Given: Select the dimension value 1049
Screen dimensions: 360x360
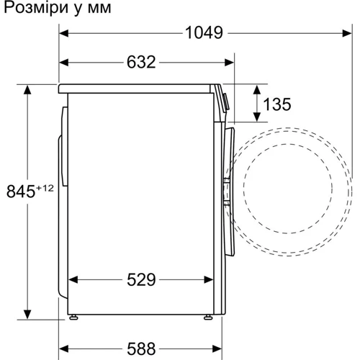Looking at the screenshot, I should point(204,33).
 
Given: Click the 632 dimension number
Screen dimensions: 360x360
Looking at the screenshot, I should point(141,62).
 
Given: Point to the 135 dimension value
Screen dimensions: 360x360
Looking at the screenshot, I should point(276,104).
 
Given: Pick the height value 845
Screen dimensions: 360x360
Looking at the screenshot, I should point(20,192).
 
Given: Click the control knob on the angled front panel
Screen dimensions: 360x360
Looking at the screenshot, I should point(225,100).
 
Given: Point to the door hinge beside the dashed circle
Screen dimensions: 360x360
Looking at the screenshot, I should point(228,189).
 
